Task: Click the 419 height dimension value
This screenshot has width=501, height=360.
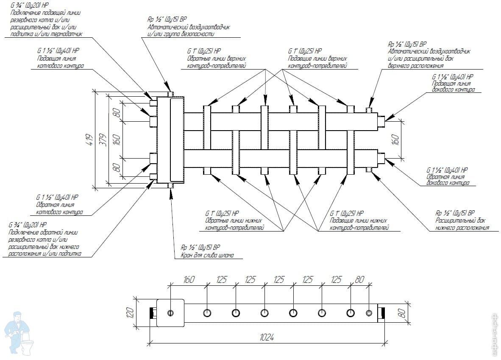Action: (90, 140)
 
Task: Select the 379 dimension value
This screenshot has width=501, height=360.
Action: (103, 140)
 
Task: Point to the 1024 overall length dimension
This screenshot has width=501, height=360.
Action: (267, 337)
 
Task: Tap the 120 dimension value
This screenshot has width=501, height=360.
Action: (130, 313)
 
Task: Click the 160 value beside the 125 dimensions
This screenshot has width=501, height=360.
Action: (189, 280)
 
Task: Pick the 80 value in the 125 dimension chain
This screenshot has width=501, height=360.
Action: (359, 280)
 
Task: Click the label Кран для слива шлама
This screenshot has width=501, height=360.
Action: (207, 255)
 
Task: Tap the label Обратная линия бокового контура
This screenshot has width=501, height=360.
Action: (448, 180)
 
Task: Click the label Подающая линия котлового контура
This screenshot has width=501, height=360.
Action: (60, 62)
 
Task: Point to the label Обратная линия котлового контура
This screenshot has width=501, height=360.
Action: (59, 208)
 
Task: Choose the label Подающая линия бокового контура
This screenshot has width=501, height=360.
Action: (454, 87)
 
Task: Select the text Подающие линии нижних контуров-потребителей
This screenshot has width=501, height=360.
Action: (359, 224)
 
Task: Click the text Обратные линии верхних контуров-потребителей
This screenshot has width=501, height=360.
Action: (217, 62)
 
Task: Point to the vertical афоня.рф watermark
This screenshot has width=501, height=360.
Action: (495, 335)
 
